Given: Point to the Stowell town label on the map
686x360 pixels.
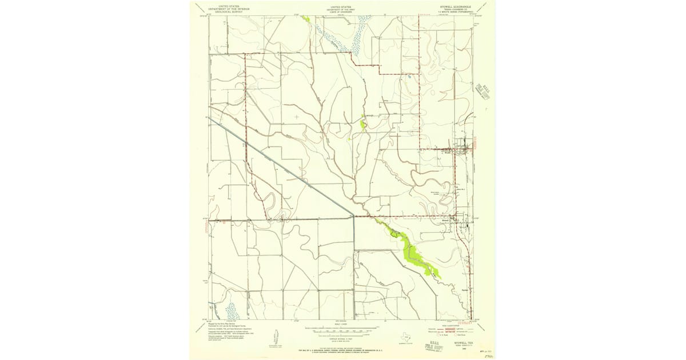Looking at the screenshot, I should click(x=447, y=218).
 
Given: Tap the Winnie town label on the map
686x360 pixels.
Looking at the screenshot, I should click(x=448, y=152).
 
